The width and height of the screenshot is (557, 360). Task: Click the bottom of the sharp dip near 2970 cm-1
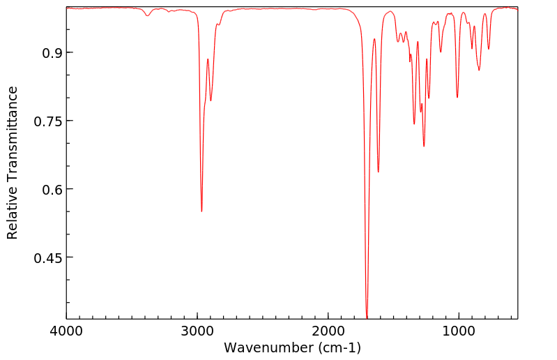coord(201,211)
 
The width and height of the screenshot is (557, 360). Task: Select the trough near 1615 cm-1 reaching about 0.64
coord(379,172)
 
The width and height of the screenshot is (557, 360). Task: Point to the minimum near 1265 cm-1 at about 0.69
coord(424,146)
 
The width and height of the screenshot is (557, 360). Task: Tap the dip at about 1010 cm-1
coord(457,97)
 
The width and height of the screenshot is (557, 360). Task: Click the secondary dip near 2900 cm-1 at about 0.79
coord(211,100)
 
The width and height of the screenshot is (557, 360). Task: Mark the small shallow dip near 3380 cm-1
coord(147,15)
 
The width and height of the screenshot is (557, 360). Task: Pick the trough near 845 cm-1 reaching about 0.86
coord(479,70)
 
